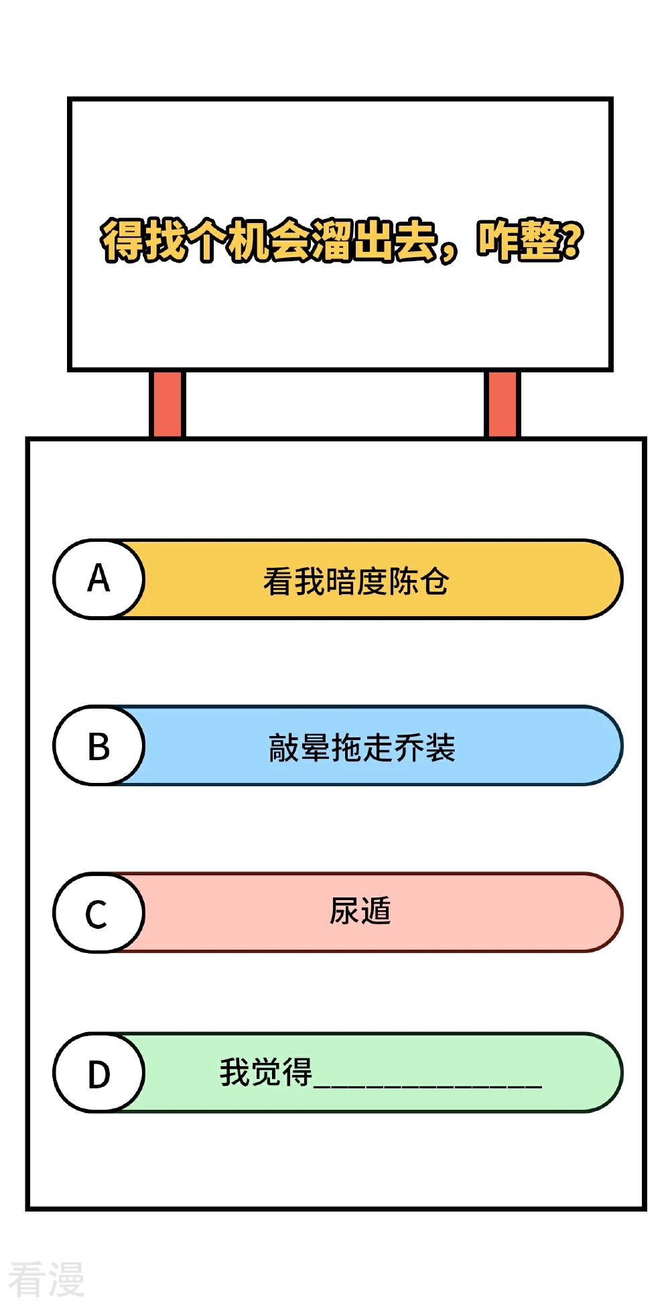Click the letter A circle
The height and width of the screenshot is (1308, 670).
click(99, 579)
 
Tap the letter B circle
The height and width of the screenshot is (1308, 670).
click(99, 745)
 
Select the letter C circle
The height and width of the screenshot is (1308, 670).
click(99, 912)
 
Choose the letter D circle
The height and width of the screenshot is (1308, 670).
click(99, 1072)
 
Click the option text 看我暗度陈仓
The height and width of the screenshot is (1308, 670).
click(356, 581)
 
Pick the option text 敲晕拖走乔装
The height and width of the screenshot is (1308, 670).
click(362, 747)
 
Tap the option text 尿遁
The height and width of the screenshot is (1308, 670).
click(360, 911)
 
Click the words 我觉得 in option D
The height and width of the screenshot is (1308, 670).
click(266, 1072)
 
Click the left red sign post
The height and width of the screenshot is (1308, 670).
click(167, 404)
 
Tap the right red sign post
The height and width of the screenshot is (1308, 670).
click(502, 404)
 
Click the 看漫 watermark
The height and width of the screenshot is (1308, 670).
click(46, 1279)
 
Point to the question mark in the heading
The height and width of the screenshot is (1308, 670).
click(572, 240)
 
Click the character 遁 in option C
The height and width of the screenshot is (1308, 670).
click(376, 911)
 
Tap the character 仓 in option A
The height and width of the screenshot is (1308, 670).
click(434, 581)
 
